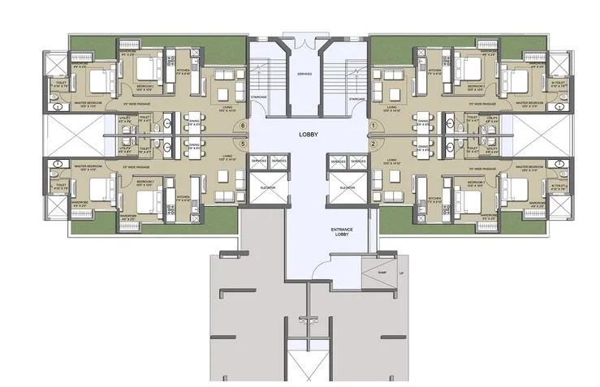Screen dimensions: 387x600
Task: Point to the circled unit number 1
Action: pos(373,126)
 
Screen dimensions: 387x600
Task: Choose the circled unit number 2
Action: pos(373,144)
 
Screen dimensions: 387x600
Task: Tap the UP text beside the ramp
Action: pos(401,273)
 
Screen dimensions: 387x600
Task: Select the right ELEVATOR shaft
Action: pos(343,186)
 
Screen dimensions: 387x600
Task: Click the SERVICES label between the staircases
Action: pos(304,74)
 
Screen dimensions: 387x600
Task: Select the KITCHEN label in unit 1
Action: pos(435,71)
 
